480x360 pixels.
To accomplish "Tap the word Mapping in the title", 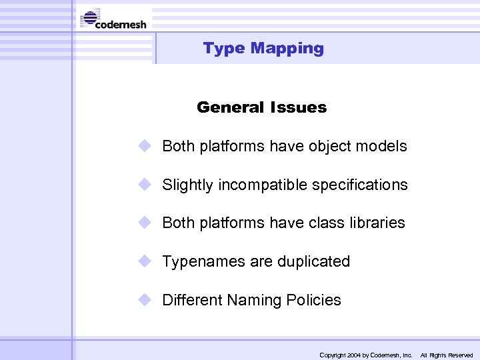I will [x=287, y=48].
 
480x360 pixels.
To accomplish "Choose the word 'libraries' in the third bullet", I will [x=377, y=223].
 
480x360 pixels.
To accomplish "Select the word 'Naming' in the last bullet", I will [x=253, y=300].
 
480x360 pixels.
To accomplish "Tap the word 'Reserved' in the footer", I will [x=460, y=355].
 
